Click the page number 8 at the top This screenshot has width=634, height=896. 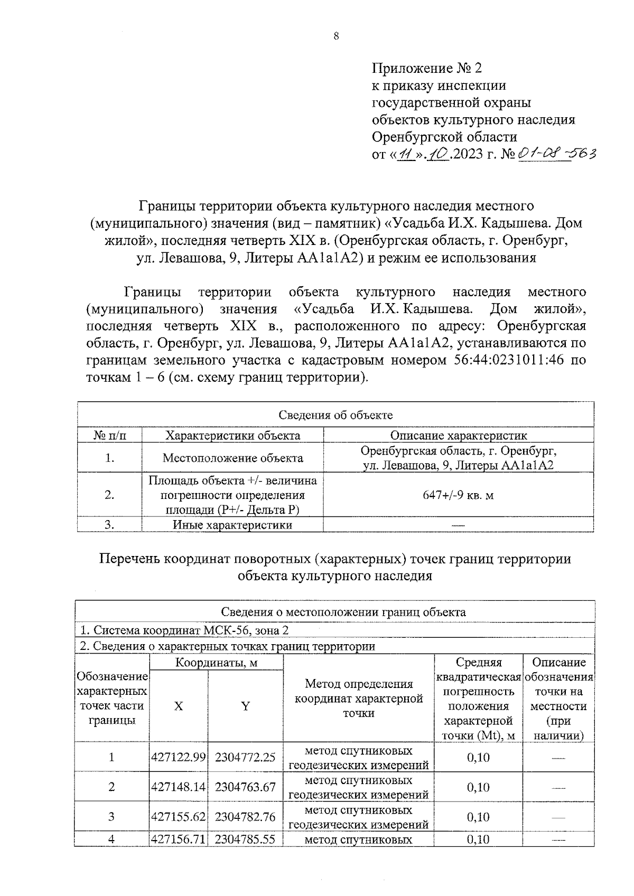pyautogui.click(x=337, y=36)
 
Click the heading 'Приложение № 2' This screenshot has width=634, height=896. pyautogui.click(x=427, y=68)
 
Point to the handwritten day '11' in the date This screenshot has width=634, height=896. pyautogui.click(x=406, y=155)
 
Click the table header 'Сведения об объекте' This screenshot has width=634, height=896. pyautogui.click(x=335, y=415)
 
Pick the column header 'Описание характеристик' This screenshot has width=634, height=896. pyautogui.click(x=458, y=436)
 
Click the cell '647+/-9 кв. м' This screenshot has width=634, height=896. pyautogui.click(x=458, y=495)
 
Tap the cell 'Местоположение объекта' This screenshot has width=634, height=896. pyautogui.click(x=232, y=458)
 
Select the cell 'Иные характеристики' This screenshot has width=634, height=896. pyautogui.click(x=232, y=525)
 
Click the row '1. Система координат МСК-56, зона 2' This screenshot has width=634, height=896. pyautogui.click(x=184, y=630)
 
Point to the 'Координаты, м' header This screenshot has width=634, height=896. pyautogui.click(x=217, y=663)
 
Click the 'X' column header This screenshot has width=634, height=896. pyautogui.click(x=179, y=706)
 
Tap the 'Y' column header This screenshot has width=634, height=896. pyautogui.click(x=246, y=706)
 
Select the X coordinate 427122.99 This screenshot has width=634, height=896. pyautogui.click(x=179, y=757)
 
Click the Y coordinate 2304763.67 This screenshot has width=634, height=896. pyautogui.click(x=246, y=787)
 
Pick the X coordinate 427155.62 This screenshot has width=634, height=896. pyautogui.click(x=179, y=817)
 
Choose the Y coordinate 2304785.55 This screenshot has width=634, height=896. pyautogui.click(x=246, y=839)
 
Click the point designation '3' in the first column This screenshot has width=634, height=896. pyautogui.click(x=111, y=817)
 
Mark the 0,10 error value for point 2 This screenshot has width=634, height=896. pyautogui.click(x=478, y=787)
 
